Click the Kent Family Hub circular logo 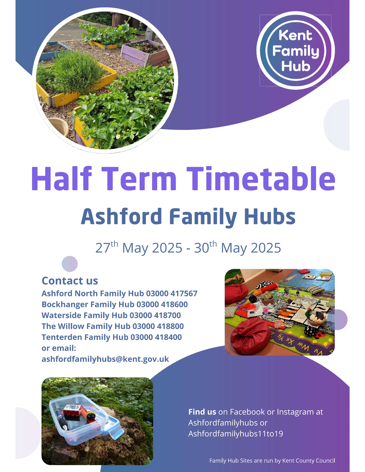click(296, 50)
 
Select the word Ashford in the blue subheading click(121, 216)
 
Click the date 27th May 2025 click(139, 247)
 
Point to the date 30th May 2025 click(237, 247)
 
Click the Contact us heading click(70, 281)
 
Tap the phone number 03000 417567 click(172, 293)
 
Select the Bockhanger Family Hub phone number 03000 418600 click(162, 304)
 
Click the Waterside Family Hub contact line click(111, 315)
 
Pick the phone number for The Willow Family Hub click(158, 326)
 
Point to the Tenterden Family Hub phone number click(156, 337)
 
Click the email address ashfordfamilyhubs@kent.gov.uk click(105, 359)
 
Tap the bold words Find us click(202, 412)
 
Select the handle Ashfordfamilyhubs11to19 click(236, 434)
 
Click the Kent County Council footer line click(272, 461)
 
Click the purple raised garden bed click(142, 53)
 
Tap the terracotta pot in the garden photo click(58, 127)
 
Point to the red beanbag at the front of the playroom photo click(250, 337)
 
